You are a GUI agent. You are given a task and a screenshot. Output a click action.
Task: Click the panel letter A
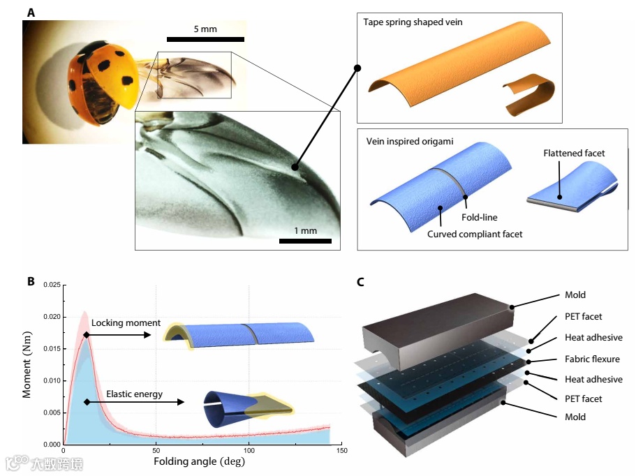tap(31, 12)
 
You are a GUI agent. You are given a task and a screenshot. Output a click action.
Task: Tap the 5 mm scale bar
tap(206, 38)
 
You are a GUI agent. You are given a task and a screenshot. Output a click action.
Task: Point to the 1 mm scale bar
tap(304, 241)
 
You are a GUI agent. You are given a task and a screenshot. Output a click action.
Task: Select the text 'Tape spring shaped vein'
tap(413, 22)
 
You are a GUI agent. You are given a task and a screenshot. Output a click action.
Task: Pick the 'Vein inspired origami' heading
tap(410, 141)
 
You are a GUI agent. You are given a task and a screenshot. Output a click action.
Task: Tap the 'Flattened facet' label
tap(574, 153)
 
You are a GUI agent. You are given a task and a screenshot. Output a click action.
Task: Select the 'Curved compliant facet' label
tap(475, 234)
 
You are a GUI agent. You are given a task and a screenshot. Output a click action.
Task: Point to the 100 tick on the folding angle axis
tap(249, 451)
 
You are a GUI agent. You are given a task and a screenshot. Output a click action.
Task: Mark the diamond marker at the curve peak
tap(86, 336)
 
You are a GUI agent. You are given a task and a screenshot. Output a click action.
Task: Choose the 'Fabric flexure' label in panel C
tap(592, 359)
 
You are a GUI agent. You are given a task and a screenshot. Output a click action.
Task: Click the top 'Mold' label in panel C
tap(575, 295)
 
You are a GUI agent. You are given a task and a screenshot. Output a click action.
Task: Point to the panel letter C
tap(360, 283)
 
